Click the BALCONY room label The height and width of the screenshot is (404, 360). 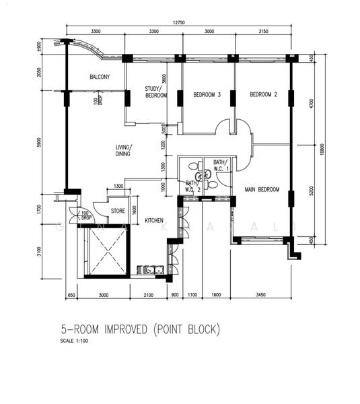[x=100, y=77]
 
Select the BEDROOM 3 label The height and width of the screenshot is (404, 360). [x=207, y=95]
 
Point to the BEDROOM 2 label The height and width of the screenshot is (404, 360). [x=264, y=95]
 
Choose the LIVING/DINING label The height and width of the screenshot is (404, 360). [x=122, y=150]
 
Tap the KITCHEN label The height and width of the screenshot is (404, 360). [x=155, y=220]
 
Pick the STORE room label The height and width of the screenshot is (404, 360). [x=118, y=211]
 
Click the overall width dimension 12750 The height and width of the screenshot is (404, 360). [x=178, y=22]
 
